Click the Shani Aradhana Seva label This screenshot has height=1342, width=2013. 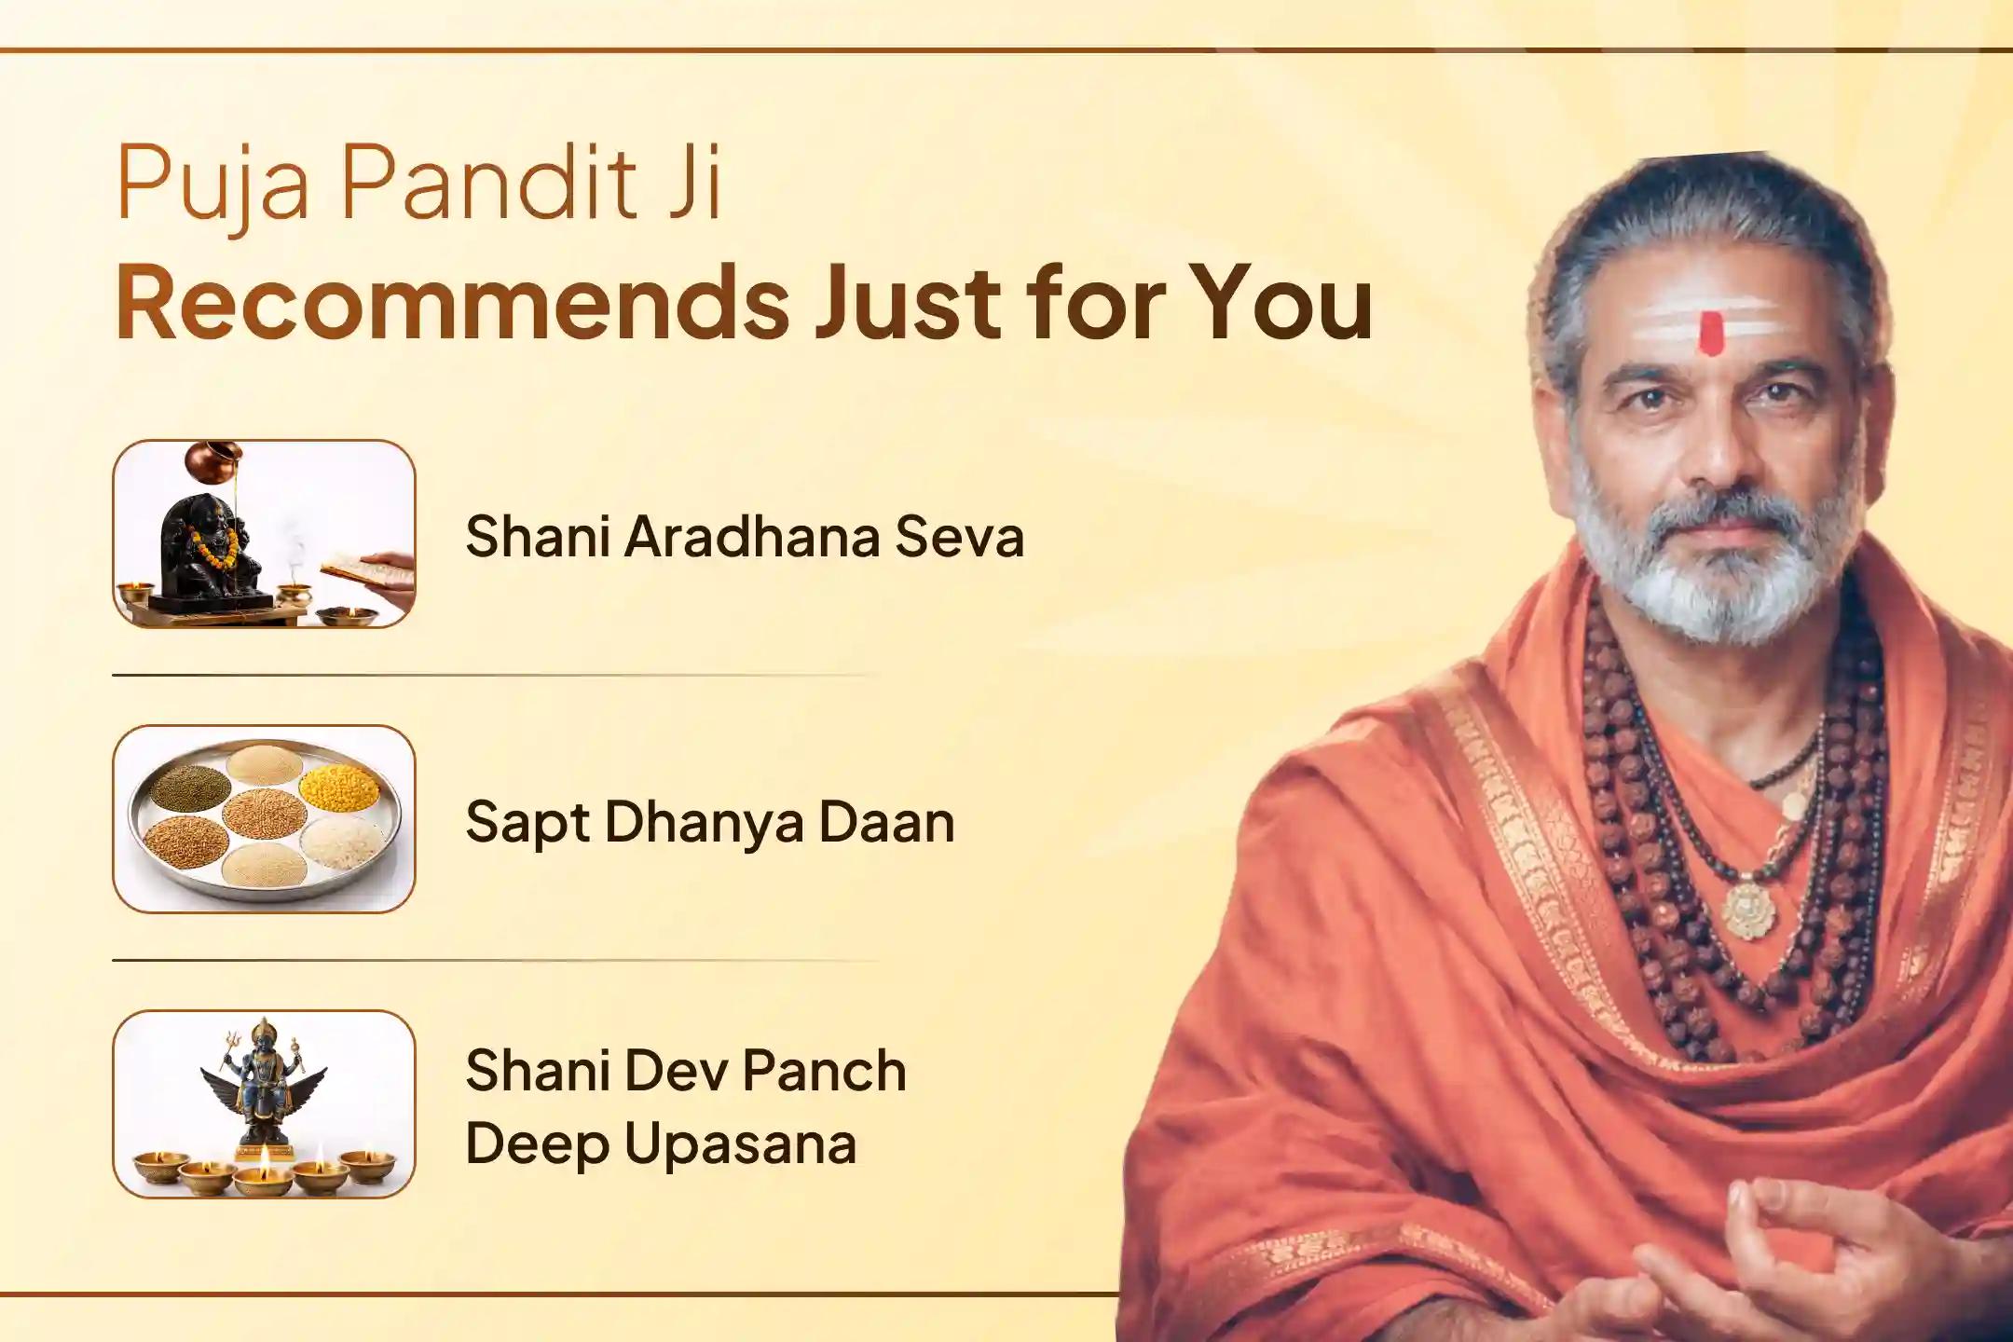tap(744, 538)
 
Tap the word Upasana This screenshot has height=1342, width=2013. tap(740, 1143)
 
